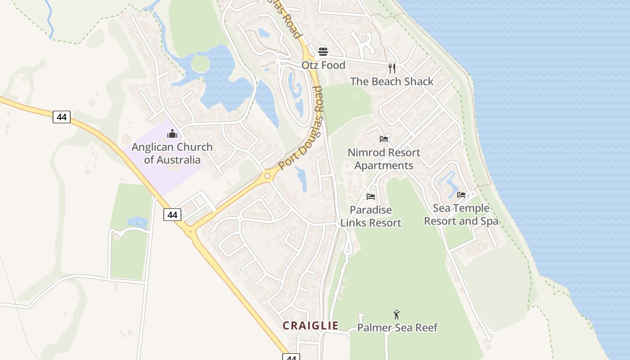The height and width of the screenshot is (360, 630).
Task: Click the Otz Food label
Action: [323, 65]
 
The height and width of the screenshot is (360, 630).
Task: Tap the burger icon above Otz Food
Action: [323, 51]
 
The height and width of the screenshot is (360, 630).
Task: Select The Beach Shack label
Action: [391, 81]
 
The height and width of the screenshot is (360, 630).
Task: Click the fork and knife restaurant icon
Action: [392, 68]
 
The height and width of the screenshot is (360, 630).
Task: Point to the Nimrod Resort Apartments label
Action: [384, 159]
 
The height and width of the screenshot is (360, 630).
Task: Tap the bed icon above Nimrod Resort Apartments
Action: [384, 139]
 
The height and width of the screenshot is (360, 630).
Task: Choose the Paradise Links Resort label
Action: [371, 216]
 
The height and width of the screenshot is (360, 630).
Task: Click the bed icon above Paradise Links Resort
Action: [371, 196]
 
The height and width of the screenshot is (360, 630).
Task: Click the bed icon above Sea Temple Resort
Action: [461, 195]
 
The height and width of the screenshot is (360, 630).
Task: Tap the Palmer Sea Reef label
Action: [397, 327]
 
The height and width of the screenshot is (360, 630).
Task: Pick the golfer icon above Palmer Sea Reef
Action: [396, 314]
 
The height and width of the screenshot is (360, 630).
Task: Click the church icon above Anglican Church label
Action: [172, 134]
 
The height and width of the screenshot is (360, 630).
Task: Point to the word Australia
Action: [178, 160]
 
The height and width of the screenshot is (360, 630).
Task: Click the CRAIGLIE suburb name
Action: [310, 325]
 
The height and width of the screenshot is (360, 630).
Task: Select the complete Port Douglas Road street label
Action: [301, 128]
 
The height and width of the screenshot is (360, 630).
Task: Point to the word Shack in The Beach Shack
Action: [418, 81]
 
